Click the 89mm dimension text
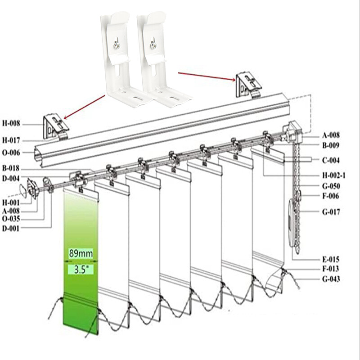(81, 253)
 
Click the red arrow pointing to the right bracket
(207, 75)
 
